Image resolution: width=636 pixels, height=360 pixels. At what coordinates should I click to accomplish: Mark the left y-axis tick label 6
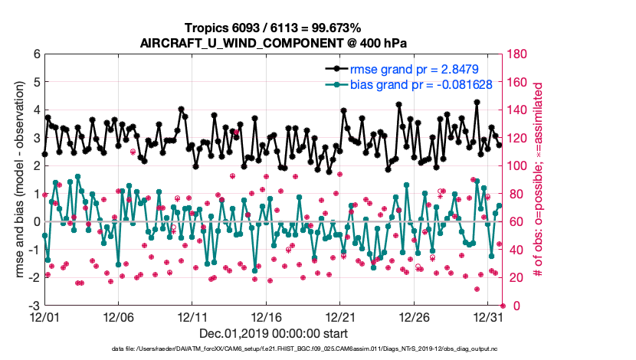tap(35, 54)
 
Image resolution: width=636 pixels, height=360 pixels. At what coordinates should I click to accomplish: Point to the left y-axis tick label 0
tap(35, 222)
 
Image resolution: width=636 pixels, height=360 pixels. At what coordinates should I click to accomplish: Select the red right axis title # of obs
tap(539, 180)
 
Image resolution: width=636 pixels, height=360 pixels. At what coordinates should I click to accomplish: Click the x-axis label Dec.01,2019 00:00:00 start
tap(273, 334)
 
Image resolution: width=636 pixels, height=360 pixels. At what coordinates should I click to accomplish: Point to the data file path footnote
tap(305, 349)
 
